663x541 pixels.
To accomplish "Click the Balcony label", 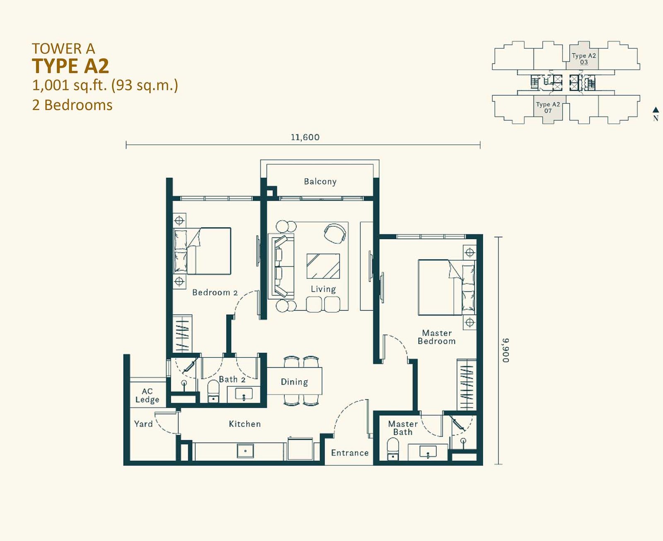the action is (320, 182).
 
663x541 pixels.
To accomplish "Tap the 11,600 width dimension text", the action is (305, 137).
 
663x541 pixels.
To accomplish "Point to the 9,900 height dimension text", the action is (505, 350).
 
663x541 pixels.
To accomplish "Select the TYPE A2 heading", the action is (70, 66).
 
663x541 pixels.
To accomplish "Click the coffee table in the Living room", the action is (323, 266).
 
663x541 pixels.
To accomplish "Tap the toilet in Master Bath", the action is (393, 449).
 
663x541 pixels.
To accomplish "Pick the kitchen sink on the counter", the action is (245, 451).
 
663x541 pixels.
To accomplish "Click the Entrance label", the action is (350, 453).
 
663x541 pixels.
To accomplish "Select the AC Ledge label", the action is (147, 395).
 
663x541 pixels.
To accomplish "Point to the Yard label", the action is (143, 424).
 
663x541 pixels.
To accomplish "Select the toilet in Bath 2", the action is (213, 391).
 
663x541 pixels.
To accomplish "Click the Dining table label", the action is (294, 382).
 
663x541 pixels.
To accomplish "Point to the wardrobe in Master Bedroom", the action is (467, 385).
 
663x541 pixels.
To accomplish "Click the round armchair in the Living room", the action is (335, 233).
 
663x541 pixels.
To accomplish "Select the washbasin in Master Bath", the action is (428, 452).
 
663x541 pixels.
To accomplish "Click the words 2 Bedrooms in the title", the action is (72, 105).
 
